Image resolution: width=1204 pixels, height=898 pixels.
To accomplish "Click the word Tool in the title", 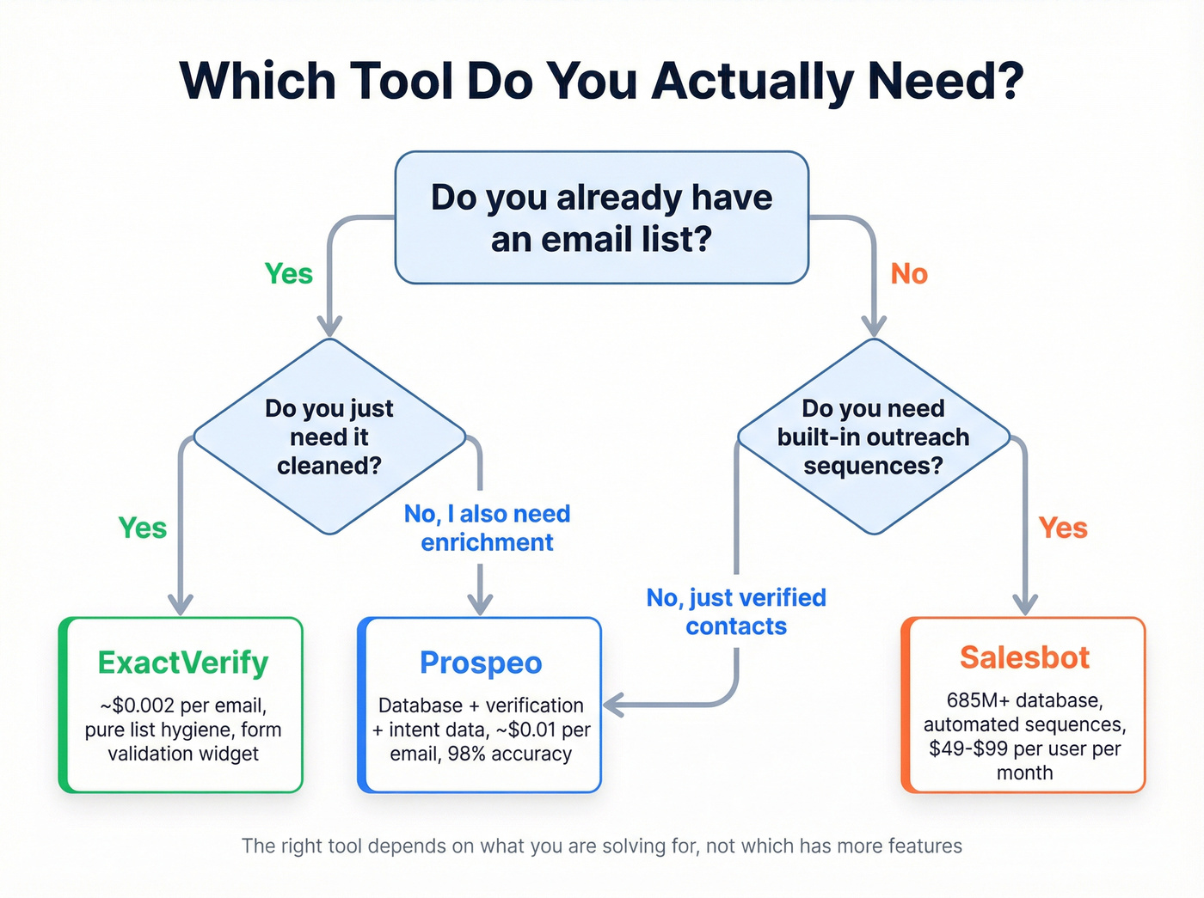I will click(402, 81).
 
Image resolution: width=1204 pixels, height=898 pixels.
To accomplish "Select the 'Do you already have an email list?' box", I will click(601, 217).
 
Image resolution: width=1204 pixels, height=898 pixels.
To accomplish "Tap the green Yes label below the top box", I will click(289, 273).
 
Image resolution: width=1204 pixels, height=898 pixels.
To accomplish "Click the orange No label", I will click(909, 273).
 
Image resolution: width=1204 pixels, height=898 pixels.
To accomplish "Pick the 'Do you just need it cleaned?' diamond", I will click(329, 437).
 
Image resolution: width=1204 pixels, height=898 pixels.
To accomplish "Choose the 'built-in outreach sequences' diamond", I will click(873, 437).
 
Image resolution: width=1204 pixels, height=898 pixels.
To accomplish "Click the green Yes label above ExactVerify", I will click(143, 528).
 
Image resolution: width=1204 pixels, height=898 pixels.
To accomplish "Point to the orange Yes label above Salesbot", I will click(1063, 528).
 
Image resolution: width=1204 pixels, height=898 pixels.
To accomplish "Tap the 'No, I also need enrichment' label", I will click(487, 528).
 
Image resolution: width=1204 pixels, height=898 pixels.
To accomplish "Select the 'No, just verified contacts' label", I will click(736, 611).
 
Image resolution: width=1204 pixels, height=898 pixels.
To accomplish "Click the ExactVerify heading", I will click(183, 663).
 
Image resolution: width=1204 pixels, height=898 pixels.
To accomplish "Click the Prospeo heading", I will click(481, 663).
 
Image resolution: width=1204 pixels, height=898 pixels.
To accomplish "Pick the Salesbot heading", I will click(1024, 657).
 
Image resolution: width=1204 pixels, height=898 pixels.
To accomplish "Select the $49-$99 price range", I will click(968, 748).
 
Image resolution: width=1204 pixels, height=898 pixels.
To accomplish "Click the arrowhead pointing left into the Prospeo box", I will click(612, 706).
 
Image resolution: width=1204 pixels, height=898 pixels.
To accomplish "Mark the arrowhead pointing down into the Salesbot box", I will click(1024, 605).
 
